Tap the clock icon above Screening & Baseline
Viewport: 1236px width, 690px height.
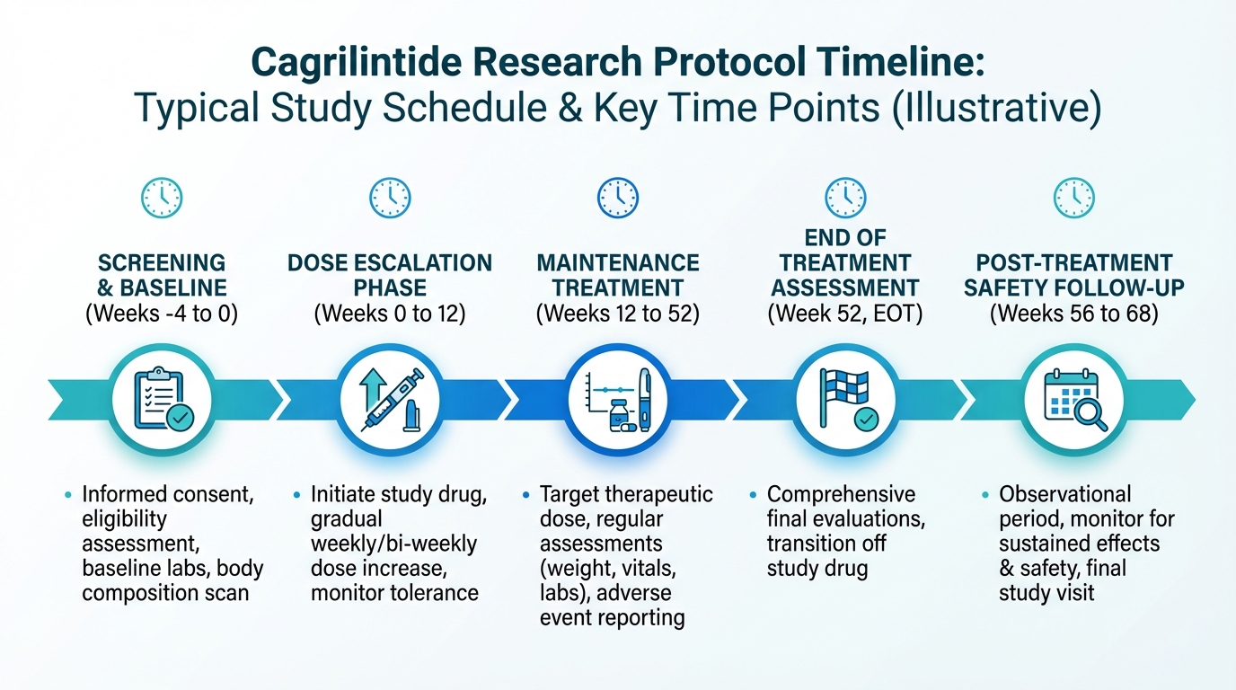[x=162, y=198]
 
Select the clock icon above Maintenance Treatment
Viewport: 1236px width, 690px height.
[x=618, y=198]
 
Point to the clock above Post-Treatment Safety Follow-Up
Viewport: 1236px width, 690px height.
[x=1073, y=198]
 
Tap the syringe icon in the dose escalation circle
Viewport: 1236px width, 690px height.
[x=393, y=400]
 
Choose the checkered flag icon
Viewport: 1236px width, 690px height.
[x=845, y=399]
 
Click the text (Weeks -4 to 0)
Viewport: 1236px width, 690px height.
[x=162, y=314]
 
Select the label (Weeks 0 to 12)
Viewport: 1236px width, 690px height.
[x=390, y=314]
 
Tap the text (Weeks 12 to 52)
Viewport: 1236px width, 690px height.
[x=618, y=314]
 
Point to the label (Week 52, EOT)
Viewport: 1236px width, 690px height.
[x=845, y=314]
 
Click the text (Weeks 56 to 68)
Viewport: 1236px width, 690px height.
[x=1073, y=314]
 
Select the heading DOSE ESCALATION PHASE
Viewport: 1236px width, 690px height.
[x=390, y=276]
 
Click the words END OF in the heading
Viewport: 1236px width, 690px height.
[x=845, y=238]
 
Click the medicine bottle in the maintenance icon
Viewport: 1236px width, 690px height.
[x=619, y=415]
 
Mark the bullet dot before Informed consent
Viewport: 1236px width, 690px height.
[x=68, y=495]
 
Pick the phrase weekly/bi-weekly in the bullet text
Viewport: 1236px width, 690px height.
[x=393, y=544]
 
